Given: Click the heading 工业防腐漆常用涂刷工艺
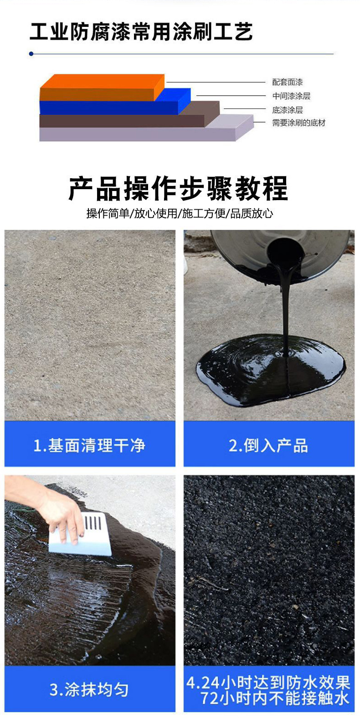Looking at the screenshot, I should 141,32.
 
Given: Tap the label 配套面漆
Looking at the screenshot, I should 287,83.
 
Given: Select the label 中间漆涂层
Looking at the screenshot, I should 291,96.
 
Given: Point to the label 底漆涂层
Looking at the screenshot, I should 287,110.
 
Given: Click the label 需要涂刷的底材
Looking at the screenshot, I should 298,123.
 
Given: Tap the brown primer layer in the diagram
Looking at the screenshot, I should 123,121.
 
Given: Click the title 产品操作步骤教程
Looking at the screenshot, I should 179,188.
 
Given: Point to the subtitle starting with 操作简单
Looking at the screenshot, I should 180,213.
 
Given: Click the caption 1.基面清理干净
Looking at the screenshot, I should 89,445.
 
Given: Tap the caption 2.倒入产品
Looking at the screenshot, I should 268,445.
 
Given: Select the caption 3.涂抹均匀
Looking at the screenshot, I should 89,690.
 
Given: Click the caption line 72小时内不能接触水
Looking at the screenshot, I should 275,698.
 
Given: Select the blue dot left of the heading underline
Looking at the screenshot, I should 31,54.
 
